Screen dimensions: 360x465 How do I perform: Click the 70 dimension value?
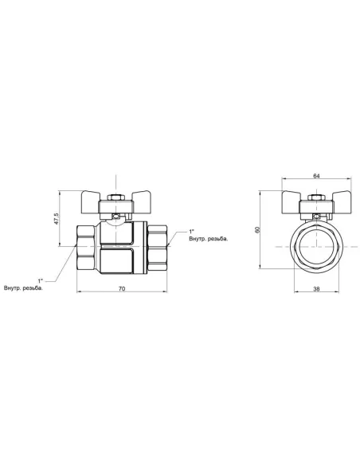(x=122, y=288)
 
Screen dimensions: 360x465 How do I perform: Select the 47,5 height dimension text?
(x=56, y=218)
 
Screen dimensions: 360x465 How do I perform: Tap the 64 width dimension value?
(x=316, y=176)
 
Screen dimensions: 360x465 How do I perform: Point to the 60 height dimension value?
(x=257, y=229)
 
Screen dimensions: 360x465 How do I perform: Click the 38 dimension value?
(x=316, y=288)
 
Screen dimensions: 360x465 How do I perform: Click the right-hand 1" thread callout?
(x=192, y=232)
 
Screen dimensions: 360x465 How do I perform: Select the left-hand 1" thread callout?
(x=41, y=280)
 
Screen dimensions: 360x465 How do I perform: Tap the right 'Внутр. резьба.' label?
(x=209, y=239)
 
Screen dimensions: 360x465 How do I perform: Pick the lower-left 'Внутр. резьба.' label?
(x=23, y=288)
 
